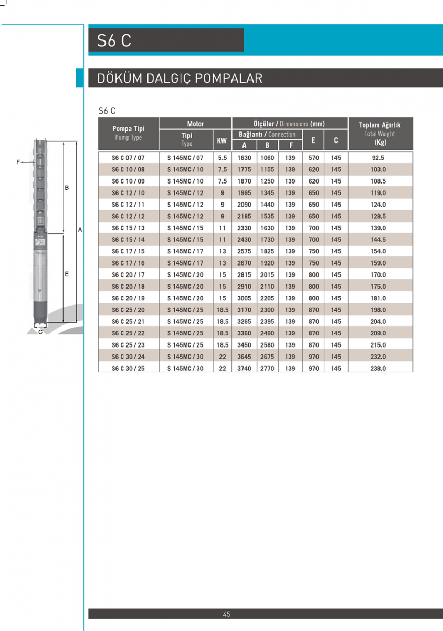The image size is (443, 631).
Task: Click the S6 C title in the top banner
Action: [114, 40]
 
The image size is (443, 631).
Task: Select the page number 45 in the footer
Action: [227, 614]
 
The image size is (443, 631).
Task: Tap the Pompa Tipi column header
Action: [128, 128]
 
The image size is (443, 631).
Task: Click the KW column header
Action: [222, 141]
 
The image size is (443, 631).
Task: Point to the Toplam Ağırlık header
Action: [379, 125]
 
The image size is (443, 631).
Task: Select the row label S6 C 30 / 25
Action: [128, 369]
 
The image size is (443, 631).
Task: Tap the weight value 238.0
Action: [379, 369]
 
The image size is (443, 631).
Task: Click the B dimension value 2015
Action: [267, 275]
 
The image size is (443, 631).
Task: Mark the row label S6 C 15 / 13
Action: [128, 228]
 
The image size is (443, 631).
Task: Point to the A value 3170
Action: [244, 310]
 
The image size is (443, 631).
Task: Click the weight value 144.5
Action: [379, 240]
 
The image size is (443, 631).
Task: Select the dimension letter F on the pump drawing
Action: [18, 162]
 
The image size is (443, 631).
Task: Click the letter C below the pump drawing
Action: [40, 332]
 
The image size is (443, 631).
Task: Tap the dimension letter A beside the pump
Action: [80, 230]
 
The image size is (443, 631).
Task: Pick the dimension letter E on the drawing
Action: [67, 274]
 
